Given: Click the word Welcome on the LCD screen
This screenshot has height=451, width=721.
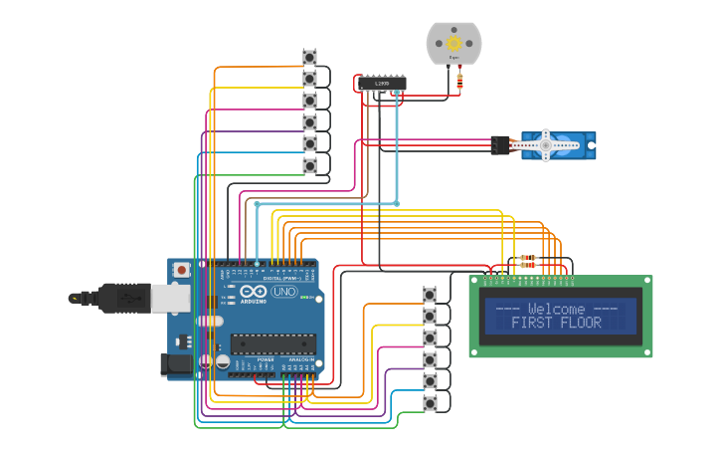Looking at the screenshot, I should [x=557, y=309].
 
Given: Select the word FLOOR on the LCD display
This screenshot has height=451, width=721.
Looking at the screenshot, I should [x=581, y=323].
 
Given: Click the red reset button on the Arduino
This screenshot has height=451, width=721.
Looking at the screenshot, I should [x=182, y=270].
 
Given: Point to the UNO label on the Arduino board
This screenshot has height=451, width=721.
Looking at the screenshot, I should [x=284, y=292].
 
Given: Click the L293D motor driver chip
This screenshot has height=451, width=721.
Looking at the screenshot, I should [x=382, y=83].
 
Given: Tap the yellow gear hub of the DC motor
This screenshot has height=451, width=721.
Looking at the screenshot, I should [x=453, y=43].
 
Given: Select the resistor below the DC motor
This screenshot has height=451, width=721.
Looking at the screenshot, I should [x=458, y=80].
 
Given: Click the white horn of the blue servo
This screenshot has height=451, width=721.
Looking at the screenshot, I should [x=546, y=145].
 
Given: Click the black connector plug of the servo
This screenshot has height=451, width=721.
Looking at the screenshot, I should [x=500, y=144].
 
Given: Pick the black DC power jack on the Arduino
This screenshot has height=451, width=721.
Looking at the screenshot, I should [x=177, y=364].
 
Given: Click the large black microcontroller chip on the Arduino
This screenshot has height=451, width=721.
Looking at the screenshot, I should [x=273, y=343].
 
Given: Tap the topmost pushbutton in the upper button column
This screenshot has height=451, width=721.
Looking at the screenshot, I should [x=309, y=57].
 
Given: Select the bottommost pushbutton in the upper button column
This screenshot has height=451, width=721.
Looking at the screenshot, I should [x=309, y=165].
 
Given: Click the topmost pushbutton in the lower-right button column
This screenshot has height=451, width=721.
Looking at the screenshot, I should [x=430, y=295].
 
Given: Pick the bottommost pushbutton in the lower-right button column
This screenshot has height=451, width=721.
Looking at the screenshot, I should [x=430, y=403].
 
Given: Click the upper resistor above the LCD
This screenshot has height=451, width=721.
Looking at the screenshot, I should [x=528, y=257].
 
